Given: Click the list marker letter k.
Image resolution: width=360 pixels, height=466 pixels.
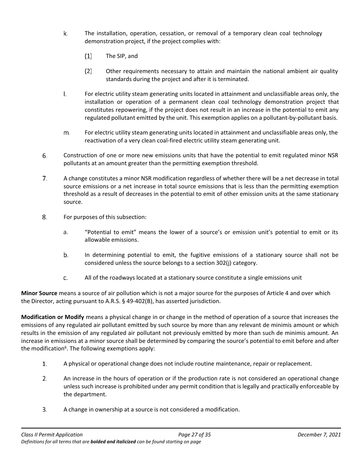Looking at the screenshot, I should pyautogui.click(x=65, y=34).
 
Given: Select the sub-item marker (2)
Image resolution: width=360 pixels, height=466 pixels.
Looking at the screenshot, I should pyautogui.click(x=88, y=71).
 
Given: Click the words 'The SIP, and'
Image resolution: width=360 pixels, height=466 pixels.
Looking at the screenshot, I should pyautogui.click(x=122, y=56).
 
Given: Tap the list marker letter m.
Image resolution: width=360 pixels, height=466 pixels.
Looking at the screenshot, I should pyautogui.click(x=66, y=133).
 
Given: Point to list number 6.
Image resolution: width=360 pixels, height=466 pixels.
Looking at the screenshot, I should pyautogui.click(x=44, y=156).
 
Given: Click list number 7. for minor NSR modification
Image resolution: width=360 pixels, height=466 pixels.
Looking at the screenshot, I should pyautogui.click(x=44, y=178).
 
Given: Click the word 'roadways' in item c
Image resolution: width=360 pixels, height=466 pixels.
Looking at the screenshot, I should pyautogui.click(x=114, y=278).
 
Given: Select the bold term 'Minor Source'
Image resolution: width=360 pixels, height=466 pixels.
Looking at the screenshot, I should pyautogui.click(x=39, y=293).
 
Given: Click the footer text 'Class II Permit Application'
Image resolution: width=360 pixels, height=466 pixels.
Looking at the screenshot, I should pyautogui.click(x=52, y=435).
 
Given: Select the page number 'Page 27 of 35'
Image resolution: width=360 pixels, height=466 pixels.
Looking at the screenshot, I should pyautogui.click(x=194, y=435).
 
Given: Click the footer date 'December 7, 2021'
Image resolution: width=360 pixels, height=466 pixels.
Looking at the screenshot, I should pyautogui.click(x=319, y=435).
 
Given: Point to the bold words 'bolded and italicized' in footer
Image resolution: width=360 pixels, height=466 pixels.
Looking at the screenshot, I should pyautogui.click(x=113, y=442).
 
